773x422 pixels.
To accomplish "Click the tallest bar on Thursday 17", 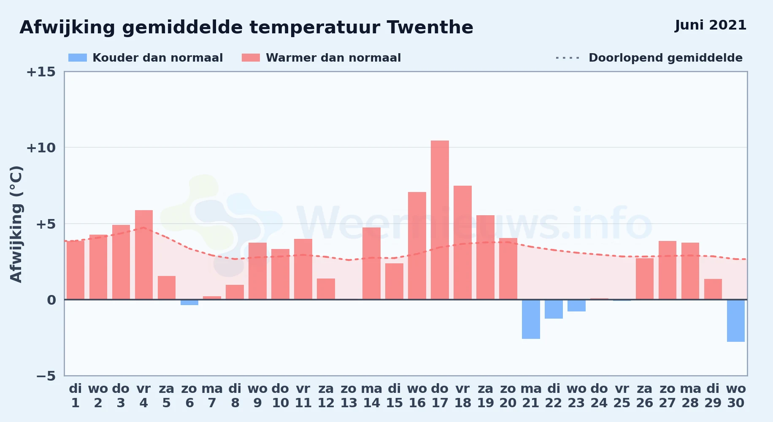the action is (x=440, y=220).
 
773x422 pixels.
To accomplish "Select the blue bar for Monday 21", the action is (x=531, y=319).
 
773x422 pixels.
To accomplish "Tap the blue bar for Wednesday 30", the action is (x=736, y=321).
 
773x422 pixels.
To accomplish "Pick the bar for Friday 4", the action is (x=144, y=255).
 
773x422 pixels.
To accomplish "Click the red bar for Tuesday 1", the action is (x=76, y=270).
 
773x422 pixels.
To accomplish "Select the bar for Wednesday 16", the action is (x=417, y=246).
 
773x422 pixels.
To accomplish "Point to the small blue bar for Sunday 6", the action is (x=189, y=302).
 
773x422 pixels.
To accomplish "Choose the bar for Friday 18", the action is (x=462, y=243).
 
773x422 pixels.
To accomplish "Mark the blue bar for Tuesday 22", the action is (x=554, y=309).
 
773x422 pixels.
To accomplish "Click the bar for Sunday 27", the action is (x=668, y=270).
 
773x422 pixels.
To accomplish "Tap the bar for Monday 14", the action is (x=371, y=263).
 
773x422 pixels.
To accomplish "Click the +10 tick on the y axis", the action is (x=41, y=148).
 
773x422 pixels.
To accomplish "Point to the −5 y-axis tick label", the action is (x=46, y=376).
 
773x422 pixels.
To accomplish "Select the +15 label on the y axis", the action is (x=41, y=72).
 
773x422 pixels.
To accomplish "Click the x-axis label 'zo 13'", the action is (x=349, y=396).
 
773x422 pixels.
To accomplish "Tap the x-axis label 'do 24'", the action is (x=599, y=396).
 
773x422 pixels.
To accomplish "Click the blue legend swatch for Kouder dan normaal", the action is (x=78, y=58).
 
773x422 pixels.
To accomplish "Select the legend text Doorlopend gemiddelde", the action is (x=665, y=58).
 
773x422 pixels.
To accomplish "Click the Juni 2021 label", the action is (x=711, y=25).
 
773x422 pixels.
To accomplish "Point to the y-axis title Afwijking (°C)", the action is (x=16, y=224).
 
